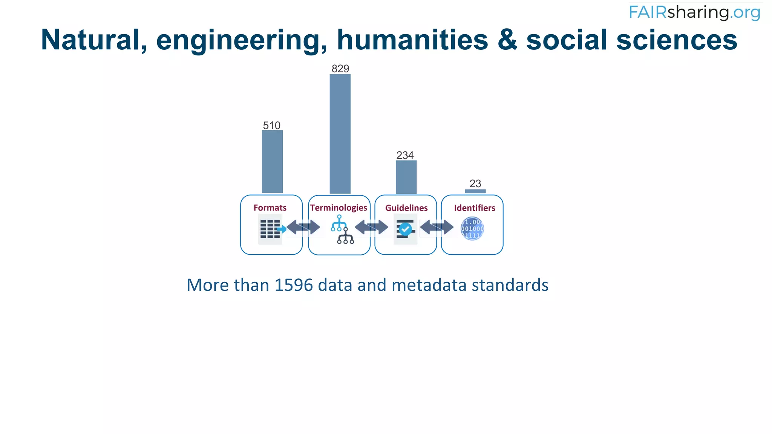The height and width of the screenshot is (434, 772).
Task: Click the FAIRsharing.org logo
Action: (x=694, y=12)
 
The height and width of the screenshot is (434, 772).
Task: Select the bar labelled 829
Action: (x=340, y=134)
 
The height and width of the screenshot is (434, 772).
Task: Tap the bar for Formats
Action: (x=272, y=162)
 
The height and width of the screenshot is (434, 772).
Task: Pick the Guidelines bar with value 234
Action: (x=406, y=177)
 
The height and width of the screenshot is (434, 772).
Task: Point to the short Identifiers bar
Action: (x=475, y=191)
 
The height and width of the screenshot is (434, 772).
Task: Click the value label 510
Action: (x=272, y=125)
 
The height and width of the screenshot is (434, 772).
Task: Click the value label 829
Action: (x=340, y=69)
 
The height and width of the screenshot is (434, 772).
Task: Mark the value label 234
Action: (x=405, y=155)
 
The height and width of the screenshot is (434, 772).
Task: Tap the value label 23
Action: (x=475, y=183)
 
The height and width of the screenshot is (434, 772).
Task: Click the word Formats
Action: (x=270, y=208)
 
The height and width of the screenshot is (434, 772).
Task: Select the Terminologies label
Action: (x=339, y=208)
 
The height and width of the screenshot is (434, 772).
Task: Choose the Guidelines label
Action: (x=406, y=208)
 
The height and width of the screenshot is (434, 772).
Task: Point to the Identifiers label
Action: (x=475, y=208)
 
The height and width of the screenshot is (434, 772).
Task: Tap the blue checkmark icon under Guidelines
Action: (x=406, y=229)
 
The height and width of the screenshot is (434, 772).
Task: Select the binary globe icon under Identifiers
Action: (x=472, y=229)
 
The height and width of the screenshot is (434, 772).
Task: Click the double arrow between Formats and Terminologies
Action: (x=303, y=227)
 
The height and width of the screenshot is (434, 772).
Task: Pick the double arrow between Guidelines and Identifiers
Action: (x=437, y=227)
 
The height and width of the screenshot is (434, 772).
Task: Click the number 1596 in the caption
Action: (x=294, y=285)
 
